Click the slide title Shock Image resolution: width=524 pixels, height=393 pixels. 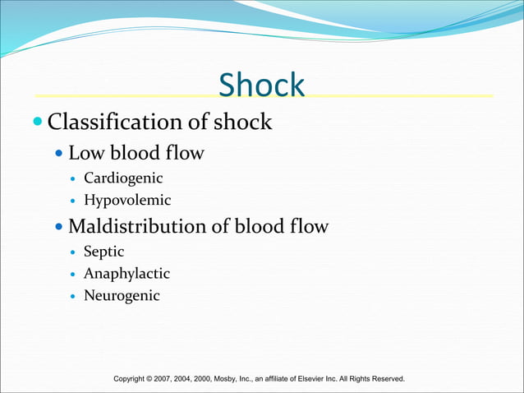[x=261, y=85]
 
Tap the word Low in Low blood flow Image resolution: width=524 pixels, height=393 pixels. [x=85, y=153]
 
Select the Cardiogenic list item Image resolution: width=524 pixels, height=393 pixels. [x=123, y=178]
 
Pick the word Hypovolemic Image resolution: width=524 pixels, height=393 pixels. [x=127, y=200]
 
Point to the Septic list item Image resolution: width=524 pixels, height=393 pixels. [x=103, y=252]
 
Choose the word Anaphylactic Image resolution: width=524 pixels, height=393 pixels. [x=126, y=274]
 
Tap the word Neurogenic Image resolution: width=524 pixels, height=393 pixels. [x=122, y=295]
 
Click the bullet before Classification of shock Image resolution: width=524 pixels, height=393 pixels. [x=38, y=123]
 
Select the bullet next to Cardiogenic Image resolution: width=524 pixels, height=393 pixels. [x=74, y=179]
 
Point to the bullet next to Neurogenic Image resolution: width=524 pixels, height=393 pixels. [x=74, y=296]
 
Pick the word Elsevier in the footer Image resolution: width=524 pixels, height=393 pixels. [x=315, y=378]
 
